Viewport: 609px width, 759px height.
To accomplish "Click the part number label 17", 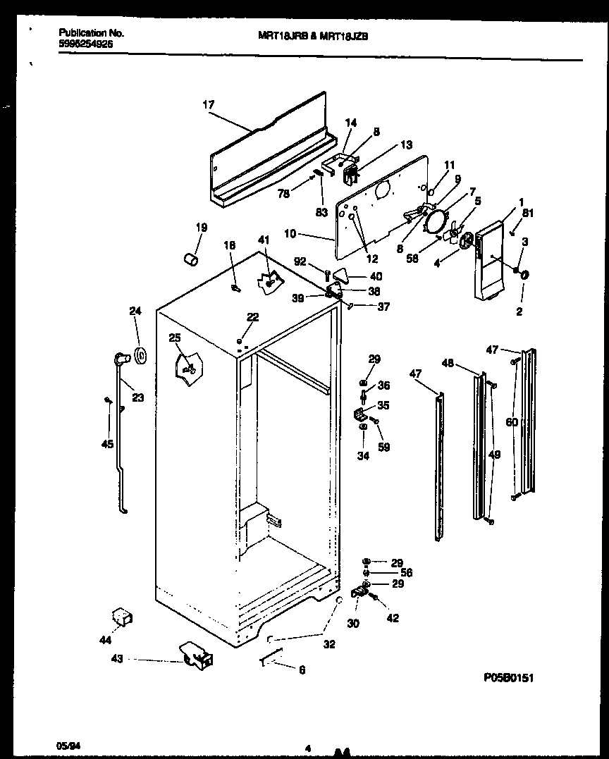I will point(208,105).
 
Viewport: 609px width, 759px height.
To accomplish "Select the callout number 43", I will point(117,659).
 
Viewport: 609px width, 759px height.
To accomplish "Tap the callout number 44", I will point(105,640).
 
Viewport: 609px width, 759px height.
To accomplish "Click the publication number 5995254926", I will point(85,43).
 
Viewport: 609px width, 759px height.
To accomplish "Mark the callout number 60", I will point(512,422).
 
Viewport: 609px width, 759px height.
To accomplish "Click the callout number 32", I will point(329,644).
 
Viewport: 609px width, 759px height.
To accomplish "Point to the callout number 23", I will point(137,397).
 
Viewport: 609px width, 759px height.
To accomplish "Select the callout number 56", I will point(406,573).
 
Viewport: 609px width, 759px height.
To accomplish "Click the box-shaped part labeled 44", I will point(123,618).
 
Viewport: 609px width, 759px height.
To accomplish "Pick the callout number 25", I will point(175,338).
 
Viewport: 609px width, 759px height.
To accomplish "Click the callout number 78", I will point(283,194).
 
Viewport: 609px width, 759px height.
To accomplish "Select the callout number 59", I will point(384,446).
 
